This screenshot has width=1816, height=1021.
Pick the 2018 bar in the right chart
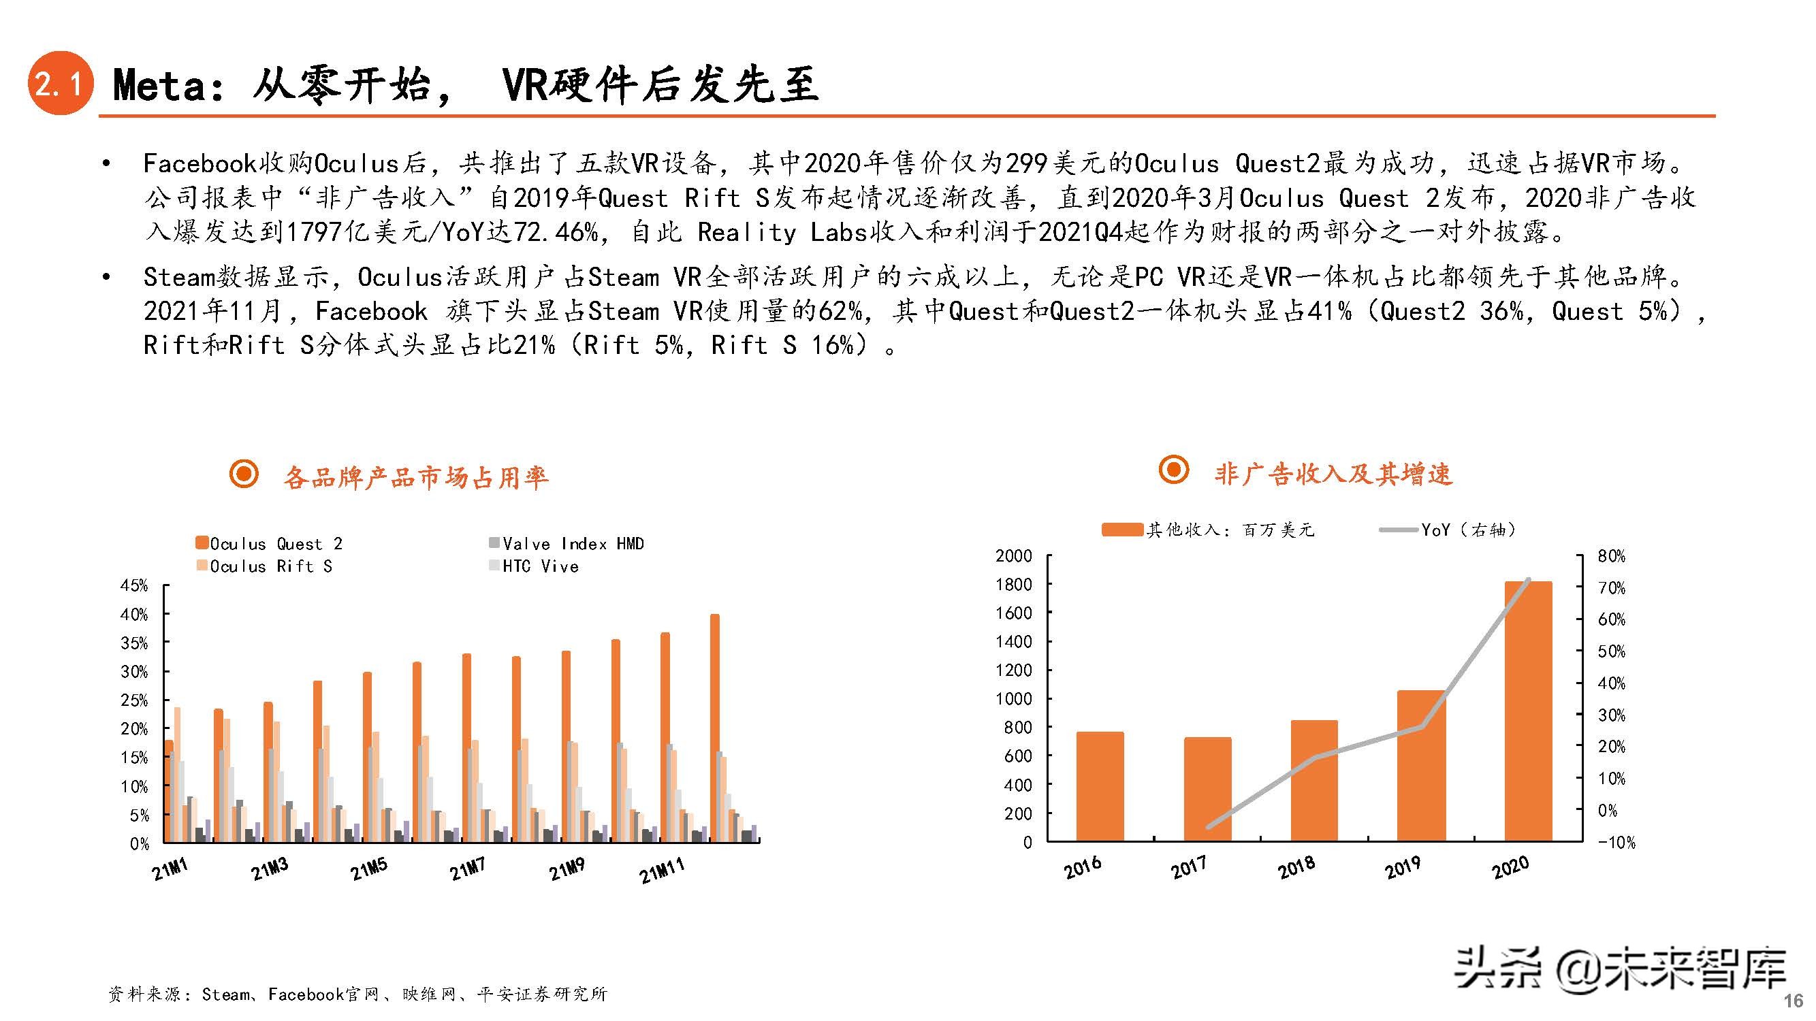(1314, 780)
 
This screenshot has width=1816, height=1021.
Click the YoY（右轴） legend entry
(1466, 529)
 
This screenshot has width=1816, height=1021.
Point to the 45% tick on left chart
(134, 585)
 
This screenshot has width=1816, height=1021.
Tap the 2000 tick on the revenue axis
(1013, 555)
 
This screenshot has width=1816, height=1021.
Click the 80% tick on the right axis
(1612, 556)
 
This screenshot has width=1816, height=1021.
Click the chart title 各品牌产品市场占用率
(415, 477)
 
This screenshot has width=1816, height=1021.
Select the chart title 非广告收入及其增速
(1333, 474)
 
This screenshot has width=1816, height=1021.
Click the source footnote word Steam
(225, 994)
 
